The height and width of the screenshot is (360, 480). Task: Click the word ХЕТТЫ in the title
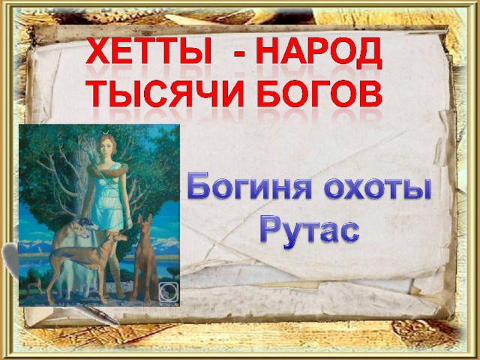coord(148,51)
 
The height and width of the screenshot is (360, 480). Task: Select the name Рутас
coord(310,231)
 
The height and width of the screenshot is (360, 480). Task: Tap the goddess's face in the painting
coord(105,148)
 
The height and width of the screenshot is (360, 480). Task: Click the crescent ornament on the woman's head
coord(105,132)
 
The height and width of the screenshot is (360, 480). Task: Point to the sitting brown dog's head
coord(145,223)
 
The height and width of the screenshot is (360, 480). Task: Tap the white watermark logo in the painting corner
coord(168,292)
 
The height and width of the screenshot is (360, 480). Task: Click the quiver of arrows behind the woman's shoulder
coord(89,156)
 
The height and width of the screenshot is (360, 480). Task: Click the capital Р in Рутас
coord(270,231)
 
